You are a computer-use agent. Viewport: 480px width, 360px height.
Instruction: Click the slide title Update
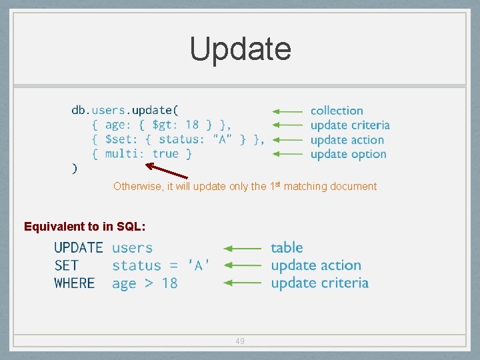pos(240,49)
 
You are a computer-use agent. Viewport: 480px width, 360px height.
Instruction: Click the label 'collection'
pos(337,111)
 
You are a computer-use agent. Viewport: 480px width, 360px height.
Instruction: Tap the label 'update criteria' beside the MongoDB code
pos(349,125)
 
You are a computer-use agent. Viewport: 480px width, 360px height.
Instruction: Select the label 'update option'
pos(348,154)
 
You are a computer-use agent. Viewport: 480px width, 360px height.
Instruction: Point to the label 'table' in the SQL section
pos(287,248)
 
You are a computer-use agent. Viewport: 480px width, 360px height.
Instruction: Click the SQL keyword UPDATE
pos(79,248)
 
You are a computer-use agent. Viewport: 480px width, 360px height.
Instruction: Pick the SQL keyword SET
pos(67,265)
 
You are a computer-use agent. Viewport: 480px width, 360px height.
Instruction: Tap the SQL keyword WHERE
pos(75,283)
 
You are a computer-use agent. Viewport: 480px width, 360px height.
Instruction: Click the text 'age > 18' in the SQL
pos(145,283)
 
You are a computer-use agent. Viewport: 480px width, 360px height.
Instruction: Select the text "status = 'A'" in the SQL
pos(161,265)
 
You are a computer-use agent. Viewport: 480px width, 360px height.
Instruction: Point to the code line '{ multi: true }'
pos(142,154)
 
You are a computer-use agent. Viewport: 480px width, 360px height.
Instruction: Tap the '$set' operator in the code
pos(120,139)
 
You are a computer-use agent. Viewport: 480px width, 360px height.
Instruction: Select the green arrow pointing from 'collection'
pos(288,111)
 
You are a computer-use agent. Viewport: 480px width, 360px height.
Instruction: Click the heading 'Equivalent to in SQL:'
pos(85,227)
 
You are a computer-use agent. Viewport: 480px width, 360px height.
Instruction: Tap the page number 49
pos(240,341)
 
